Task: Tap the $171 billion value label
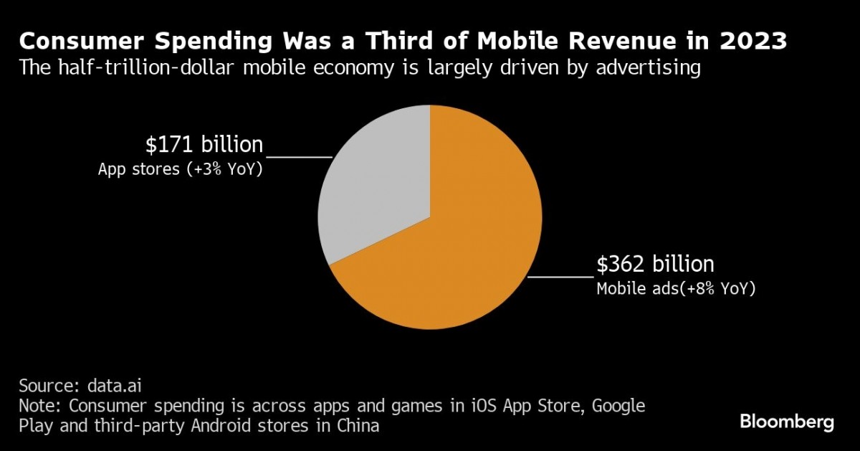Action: click(x=204, y=145)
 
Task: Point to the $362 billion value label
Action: click(x=655, y=265)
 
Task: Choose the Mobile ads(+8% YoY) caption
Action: click(x=676, y=289)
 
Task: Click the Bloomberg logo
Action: click(x=787, y=422)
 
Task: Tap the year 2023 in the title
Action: click(x=758, y=42)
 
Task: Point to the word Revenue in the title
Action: click(x=613, y=42)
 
